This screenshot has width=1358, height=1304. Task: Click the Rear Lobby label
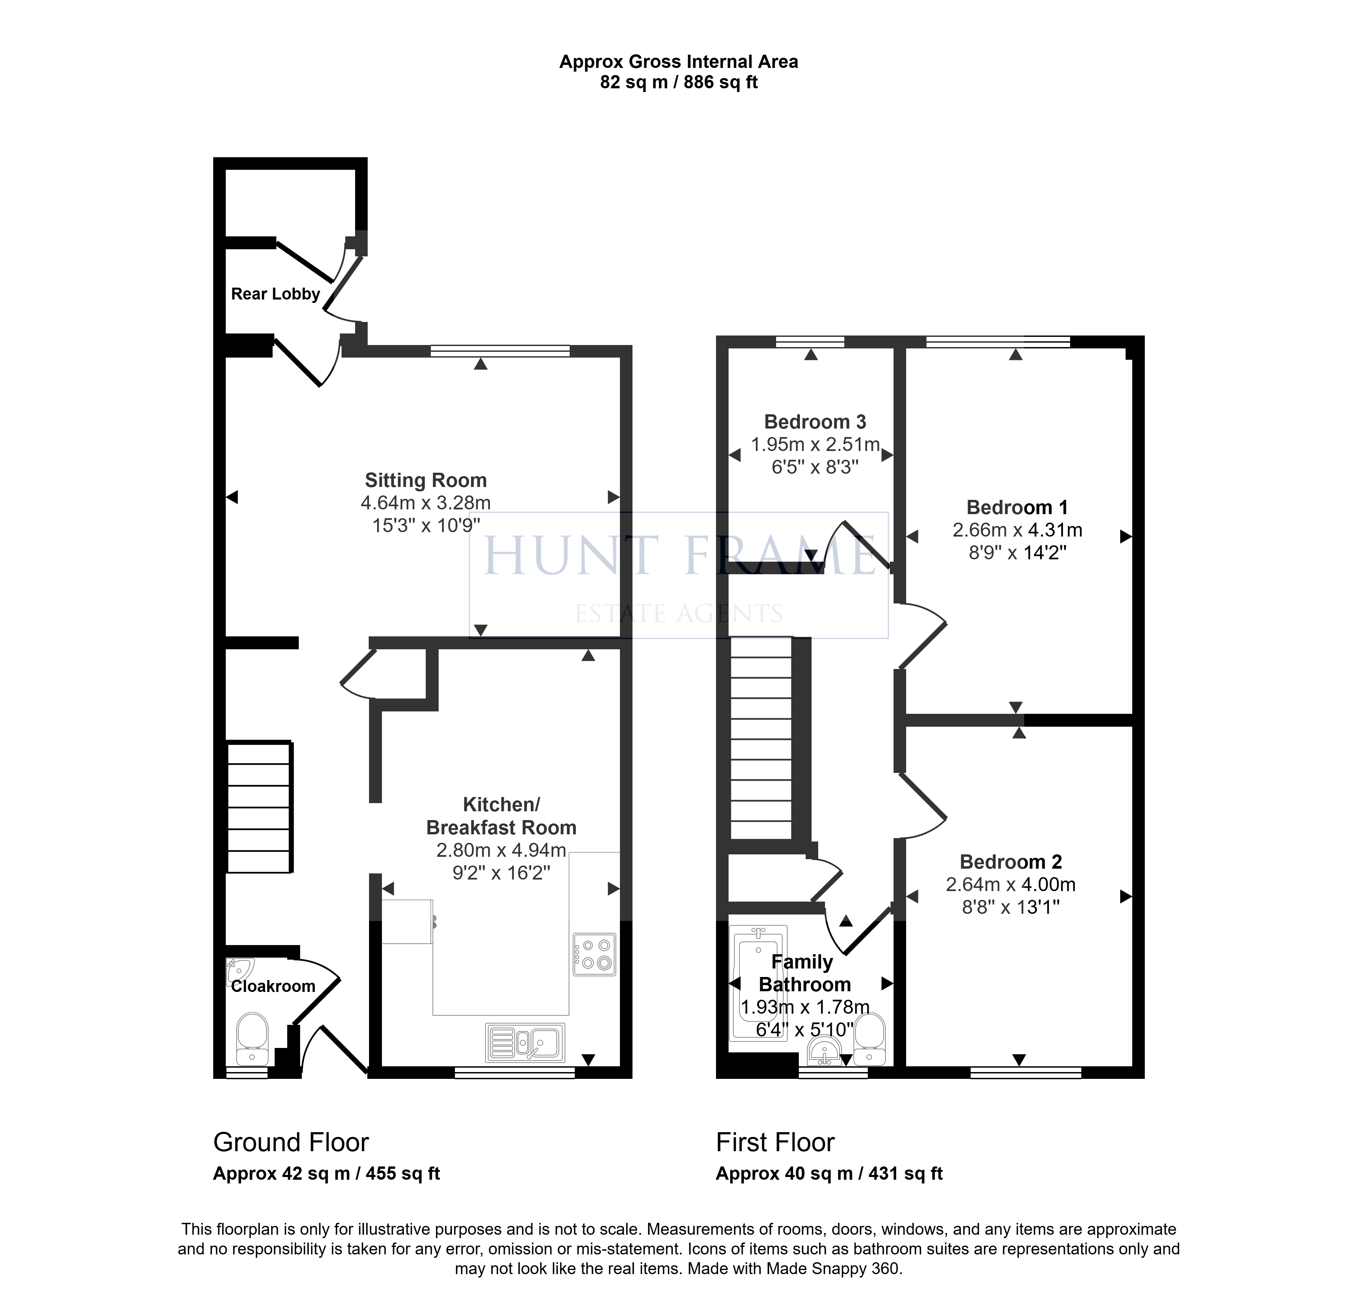click(x=275, y=294)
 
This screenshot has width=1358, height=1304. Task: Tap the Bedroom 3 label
click(x=815, y=422)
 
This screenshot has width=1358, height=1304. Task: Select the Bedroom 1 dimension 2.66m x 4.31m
click(x=1017, y=530)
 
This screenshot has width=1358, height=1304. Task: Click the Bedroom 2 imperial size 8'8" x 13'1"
click(x=1011, y=907)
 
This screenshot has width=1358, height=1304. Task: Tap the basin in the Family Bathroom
click(x=825, y=1052)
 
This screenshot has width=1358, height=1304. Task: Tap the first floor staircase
click(x=761, y=738)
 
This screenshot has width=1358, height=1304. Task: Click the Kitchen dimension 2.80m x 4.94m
click(x=501, y=850)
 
